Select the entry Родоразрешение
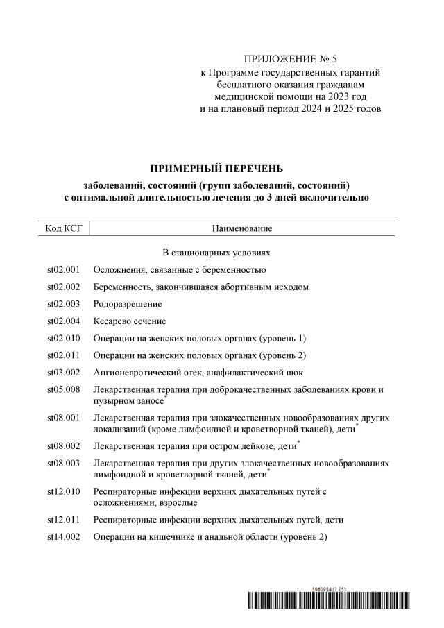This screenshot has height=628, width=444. point(128,304)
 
